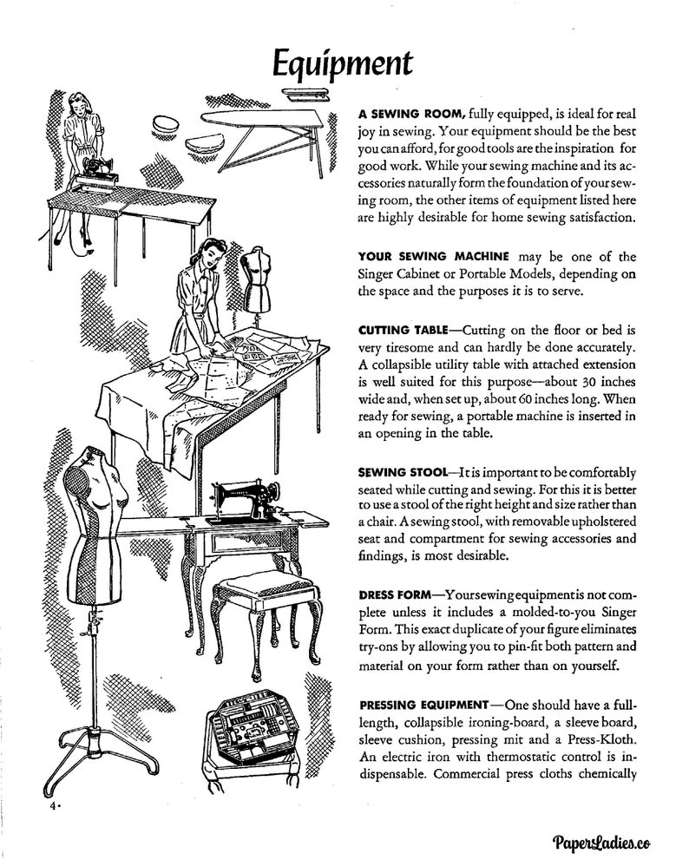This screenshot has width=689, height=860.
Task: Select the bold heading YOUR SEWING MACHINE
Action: pyautogui.click(x=436, y=257)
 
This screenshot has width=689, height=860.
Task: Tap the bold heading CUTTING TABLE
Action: pyautogui.click(x=399, y=331)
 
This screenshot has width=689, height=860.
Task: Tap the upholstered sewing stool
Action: pyautogui.click(x=256, y=599)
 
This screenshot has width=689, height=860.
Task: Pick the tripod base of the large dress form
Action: pyautogui.click(x=91, y=755)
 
